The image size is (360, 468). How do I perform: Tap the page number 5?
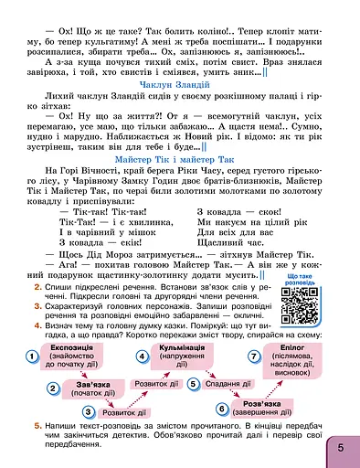click(x=339, y=448)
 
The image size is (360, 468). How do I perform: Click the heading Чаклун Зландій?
click(x=179, y=85)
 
